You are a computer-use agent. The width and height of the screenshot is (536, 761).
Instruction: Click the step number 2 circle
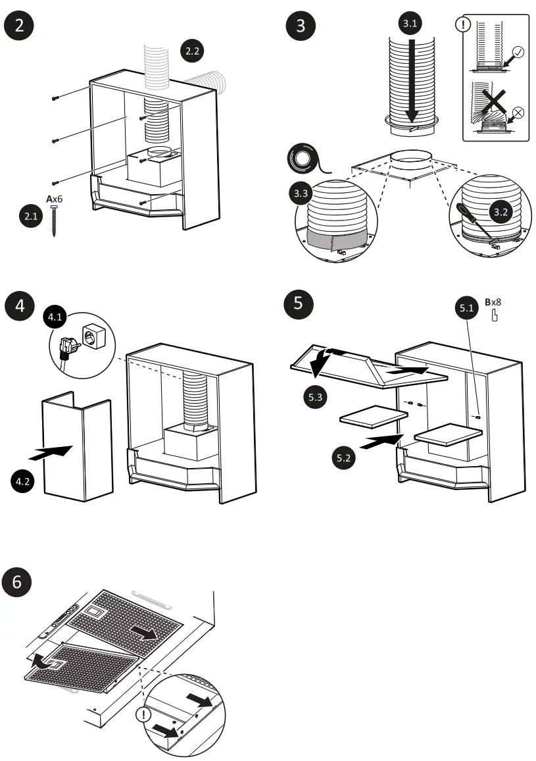tap(20, 26)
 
